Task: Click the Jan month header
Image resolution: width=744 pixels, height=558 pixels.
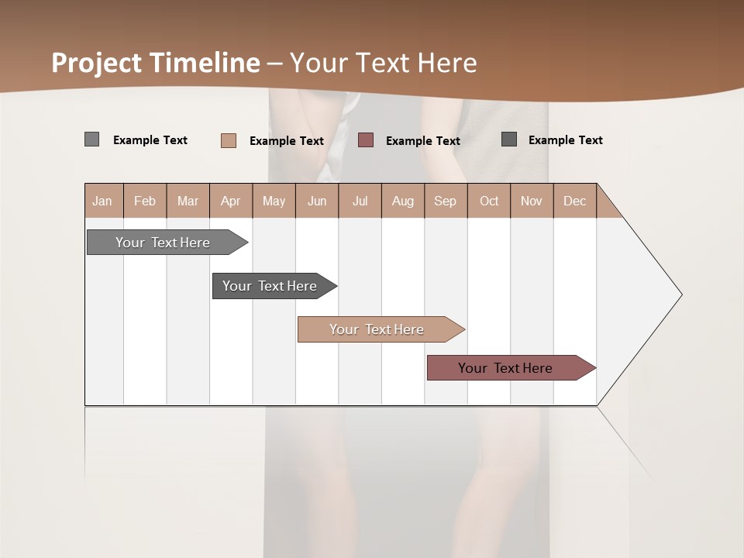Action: (103, 201)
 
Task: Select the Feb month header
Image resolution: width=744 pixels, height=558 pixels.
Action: (145, 201)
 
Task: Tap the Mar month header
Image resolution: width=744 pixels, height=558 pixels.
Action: (188, 201)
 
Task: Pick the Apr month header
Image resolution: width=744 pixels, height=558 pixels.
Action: (231, 201)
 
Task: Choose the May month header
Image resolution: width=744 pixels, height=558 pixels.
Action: (274, 201)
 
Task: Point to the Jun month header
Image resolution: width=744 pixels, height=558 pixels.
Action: (317, 201)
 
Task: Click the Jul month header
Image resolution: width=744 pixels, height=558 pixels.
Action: (360, 201)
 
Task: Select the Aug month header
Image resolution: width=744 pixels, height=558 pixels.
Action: (403, 201)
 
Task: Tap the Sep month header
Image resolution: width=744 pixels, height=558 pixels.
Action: (446, 201)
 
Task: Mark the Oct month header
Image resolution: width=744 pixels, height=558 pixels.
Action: (489, 201)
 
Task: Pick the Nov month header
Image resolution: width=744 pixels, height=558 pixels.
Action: (532, 201)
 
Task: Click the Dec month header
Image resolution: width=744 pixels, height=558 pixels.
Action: (574, 201)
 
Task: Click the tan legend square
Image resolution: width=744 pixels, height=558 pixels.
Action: (229, 140)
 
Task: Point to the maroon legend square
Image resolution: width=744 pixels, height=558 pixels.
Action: (366, 140)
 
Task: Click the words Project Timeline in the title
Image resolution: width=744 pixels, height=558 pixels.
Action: (156, 63)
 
